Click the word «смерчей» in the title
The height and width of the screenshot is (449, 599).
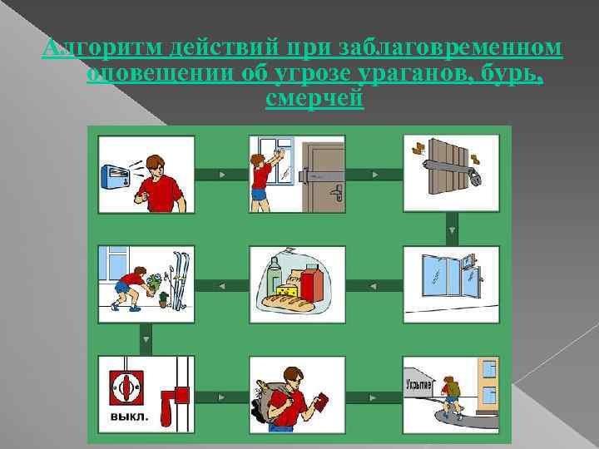click(314, 98)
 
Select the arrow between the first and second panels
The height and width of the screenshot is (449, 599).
click(221, 175)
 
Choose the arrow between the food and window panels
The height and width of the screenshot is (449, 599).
click(374, 285)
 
